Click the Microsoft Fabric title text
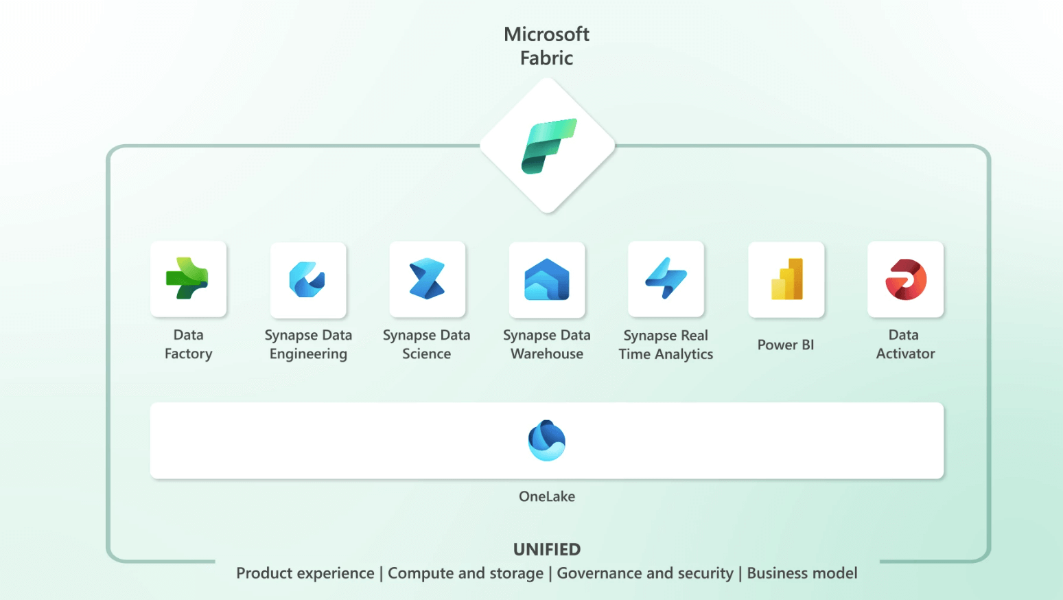point(546,46)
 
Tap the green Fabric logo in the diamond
point(548,146)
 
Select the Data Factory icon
point(188,279)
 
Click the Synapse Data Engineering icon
point(307,280)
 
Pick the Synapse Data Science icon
point(427,279)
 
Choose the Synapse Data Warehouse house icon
point(547,280)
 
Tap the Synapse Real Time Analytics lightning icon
point(666,279)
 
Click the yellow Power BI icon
point(786,279)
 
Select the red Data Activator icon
point(905,279)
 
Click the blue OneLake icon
point(547,440)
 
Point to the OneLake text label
point(547,496)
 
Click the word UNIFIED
point(547,549)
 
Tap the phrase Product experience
point(305,573)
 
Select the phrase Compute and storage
point(465,573)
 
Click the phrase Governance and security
point(645,573)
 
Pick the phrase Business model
point(802,573)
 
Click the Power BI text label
point(786,345)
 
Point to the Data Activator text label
point(905,345)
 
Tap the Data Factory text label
point(188,345)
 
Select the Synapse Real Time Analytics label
point(666,345)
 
